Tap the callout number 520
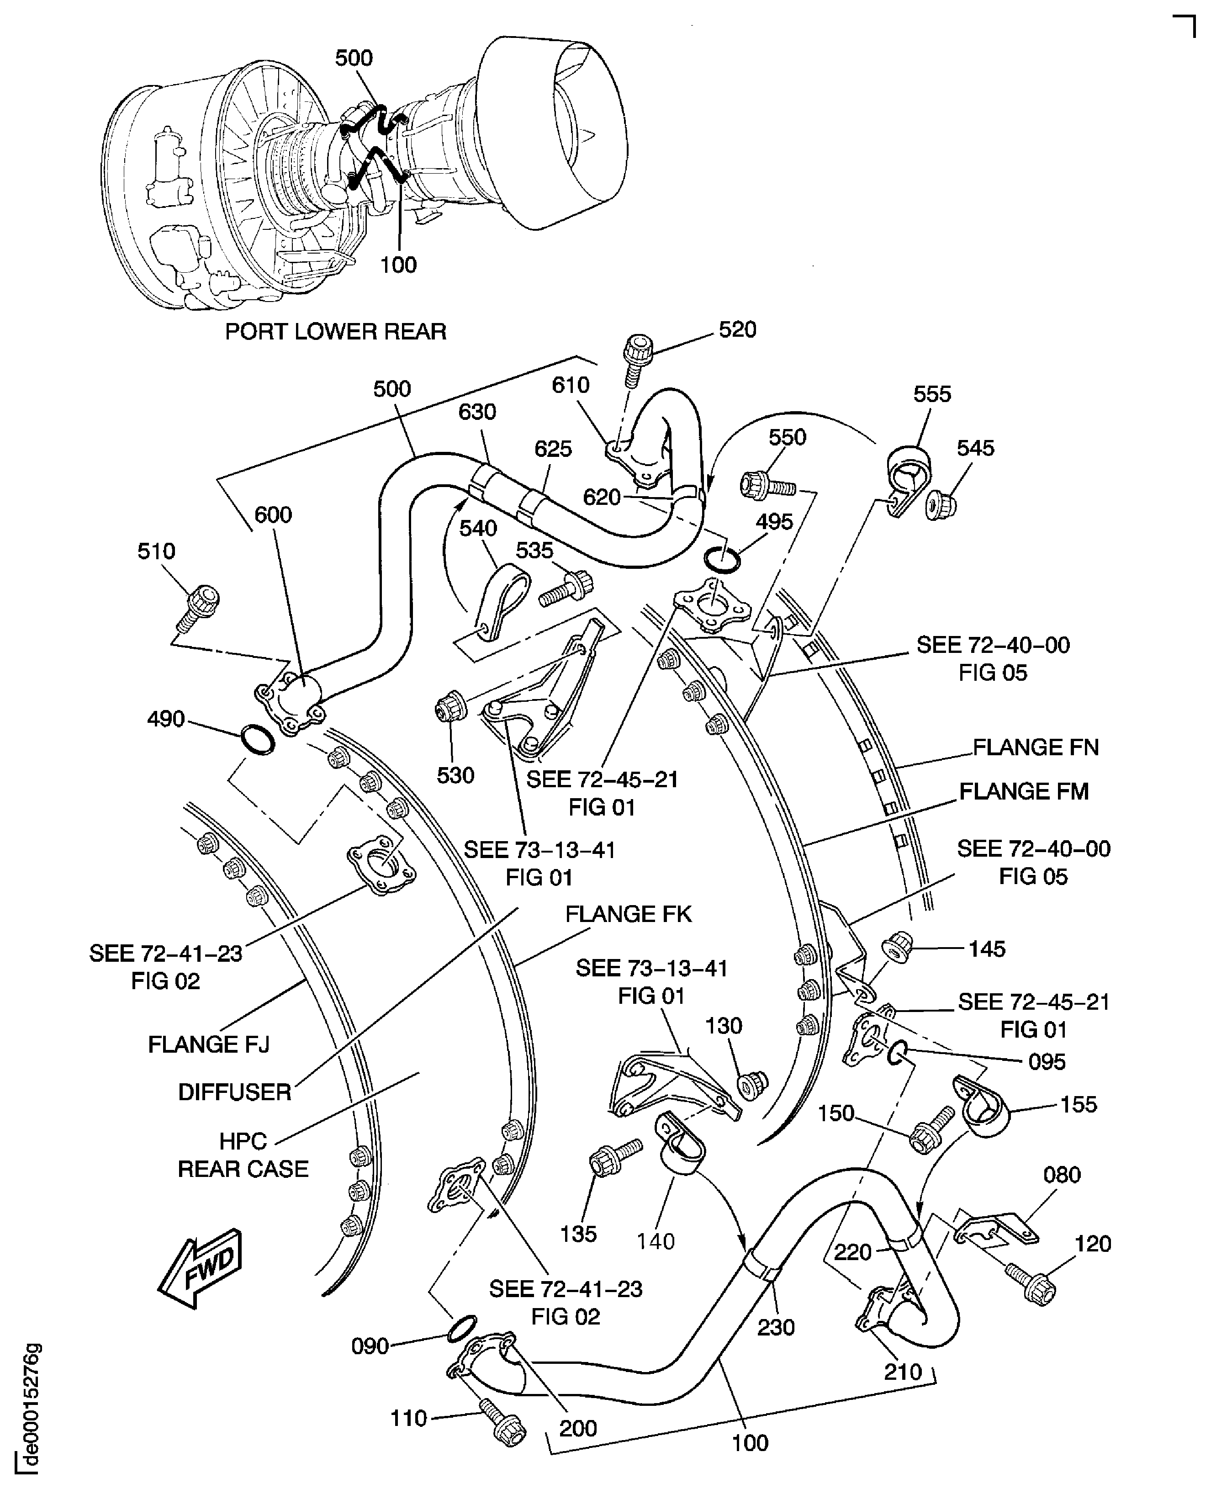pos(737,329)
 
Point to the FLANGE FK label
pos(628,914)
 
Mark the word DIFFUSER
pos(234,1092)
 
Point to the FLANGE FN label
pos(1035,748)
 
